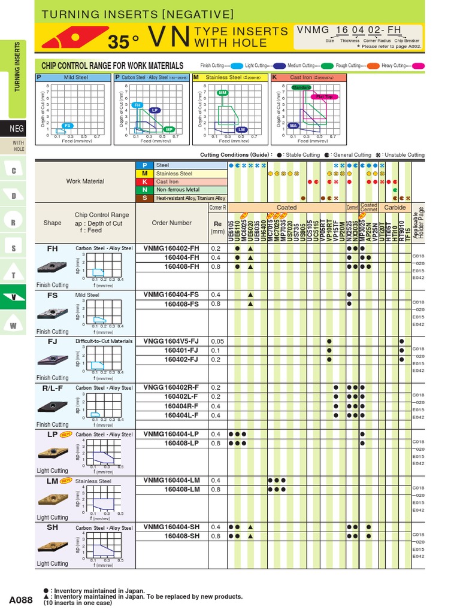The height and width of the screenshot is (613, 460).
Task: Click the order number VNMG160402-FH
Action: pyautogui.click(x=171, y=248)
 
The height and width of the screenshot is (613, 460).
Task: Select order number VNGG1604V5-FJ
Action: pyautogui.click(x=171, y=341)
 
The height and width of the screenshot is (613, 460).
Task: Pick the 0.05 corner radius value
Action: pyautogui.click(x=216, y=341)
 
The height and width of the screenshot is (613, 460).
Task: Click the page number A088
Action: pyautogui.click(x=21, y=599)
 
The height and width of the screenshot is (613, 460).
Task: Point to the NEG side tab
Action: pyautogui.click(x=17, y=129)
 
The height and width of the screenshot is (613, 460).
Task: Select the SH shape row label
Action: pyautogui.click(x=52, y=527)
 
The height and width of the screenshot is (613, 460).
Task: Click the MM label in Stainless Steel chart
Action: pyautogui.click(x=223, y=93)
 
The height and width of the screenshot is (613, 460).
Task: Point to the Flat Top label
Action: pyautogui.click(x=323, y=96)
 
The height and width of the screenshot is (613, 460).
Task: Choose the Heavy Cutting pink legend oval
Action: pyautogui.click(x=418, y=65)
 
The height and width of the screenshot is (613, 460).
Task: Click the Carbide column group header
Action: pyautogui.click(x=395, y=207)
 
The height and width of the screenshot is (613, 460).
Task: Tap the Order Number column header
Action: pyautogui.click(x=172, y=223)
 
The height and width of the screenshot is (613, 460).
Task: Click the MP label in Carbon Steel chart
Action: pyautogui.click(x=169, y=129)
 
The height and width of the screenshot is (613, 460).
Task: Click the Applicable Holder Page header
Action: pyautogui.click(x=418, y=221)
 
